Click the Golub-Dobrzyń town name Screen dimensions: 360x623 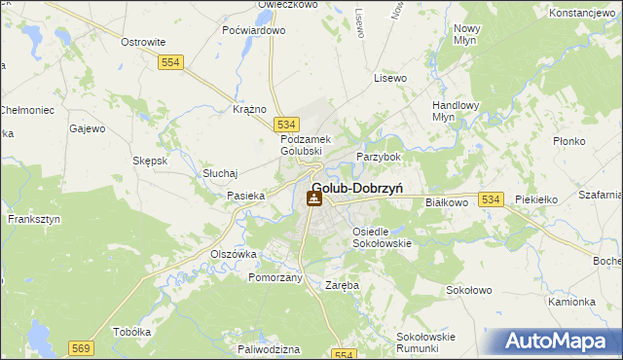tap(358, 189)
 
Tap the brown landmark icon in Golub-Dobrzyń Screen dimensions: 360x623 tap(313, 199)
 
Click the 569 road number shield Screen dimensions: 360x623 tap(81, 346)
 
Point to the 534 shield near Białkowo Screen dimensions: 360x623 tap(491, 199)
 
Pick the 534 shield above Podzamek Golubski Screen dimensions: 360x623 tap(285, 125)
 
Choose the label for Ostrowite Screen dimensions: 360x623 tap(142, 42)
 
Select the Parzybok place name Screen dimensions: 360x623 tap(379, 157)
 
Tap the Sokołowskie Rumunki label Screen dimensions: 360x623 tap(425, 342)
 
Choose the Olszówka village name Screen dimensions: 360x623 tap(234, 253)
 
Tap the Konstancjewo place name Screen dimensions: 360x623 tap(585, 14)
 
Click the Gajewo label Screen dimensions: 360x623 tap(87, 128)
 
